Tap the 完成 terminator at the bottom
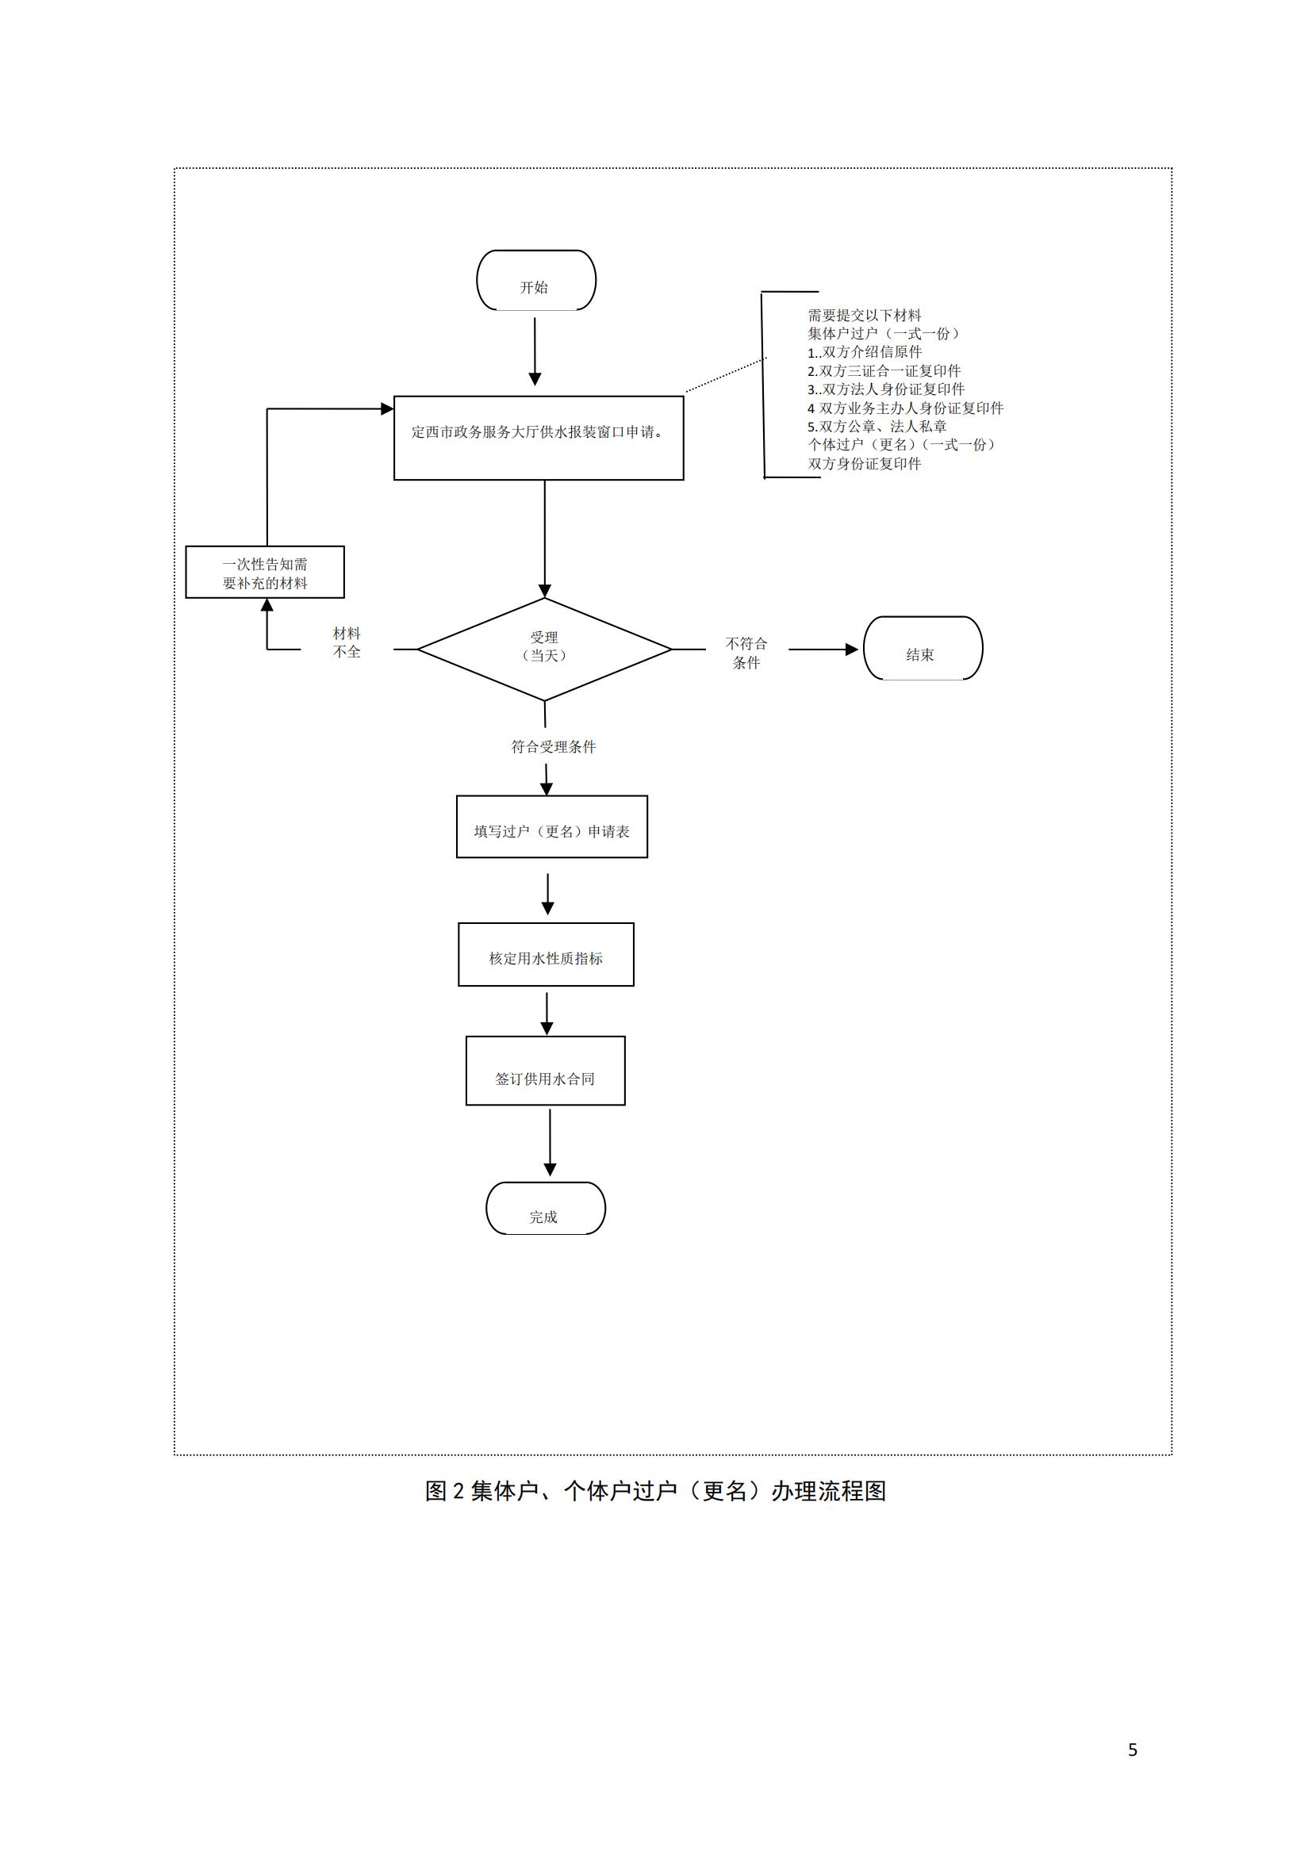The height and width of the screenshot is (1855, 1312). (545, 1209)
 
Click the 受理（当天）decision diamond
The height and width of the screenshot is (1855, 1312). (544, 648)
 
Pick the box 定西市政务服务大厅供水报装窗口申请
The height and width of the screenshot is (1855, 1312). (538, 437)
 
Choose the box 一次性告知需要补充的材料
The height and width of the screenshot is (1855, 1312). (265, 572)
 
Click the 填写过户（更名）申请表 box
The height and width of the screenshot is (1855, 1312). (552, 826)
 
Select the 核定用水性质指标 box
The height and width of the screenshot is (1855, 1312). (546, 954)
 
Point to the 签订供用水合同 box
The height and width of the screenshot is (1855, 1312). (545, 1071)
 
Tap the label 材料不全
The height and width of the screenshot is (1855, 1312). (347, 642)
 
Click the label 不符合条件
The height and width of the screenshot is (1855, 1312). (746, 653)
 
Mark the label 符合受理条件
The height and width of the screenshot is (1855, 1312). (554, 746)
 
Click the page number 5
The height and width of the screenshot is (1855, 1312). (1133, 1750)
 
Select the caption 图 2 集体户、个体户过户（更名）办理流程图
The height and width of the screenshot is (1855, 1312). (655, 1492)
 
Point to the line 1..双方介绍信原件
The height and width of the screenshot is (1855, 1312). (865, 352)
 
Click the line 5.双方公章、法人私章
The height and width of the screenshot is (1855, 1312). (877, 426)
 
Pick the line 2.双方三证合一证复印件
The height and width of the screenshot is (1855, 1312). (884, 371)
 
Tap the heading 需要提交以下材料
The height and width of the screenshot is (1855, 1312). (865, 315)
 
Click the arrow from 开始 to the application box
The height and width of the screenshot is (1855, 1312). (535, 351)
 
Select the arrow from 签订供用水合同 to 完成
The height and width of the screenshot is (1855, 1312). (551, 1141)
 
